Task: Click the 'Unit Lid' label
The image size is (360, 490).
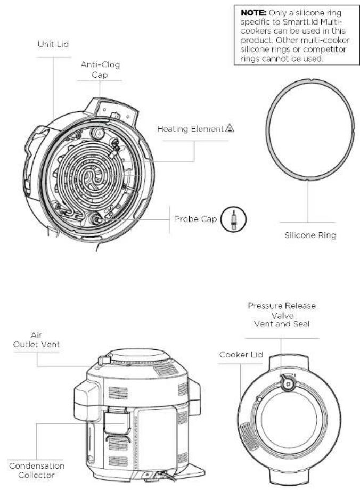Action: click(x=53, y=44)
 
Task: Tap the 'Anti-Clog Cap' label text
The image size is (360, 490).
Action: click(x=100, y=70)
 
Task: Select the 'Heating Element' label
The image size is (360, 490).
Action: click(x=190, y=129)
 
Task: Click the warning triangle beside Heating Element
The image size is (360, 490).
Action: click(x=230, y=128)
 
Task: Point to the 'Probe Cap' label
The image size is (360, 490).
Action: click(x=195, y=219)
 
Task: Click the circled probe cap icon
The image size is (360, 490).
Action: click(x=233, y=219)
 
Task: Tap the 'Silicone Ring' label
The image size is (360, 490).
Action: click(x=310, y=235)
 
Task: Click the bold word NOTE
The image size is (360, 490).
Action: click(x=253, y=13)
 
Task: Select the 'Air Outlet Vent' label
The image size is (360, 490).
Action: click(x=36, y=340)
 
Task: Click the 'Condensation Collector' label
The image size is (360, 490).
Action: click(x=37, y=470)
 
